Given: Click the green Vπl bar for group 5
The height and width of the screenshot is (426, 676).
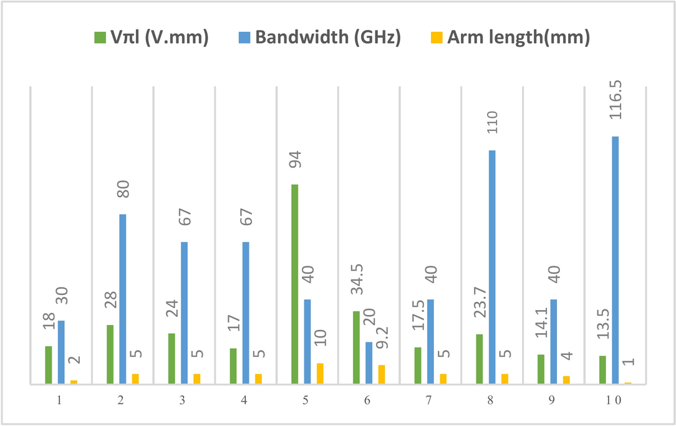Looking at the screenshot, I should pyautogui.click(x=294, y=284).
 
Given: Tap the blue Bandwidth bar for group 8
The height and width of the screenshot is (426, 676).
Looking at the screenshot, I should pyautogui.click(x=492, y=267).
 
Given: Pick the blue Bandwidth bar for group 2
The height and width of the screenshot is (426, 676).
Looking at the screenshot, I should pyautogui.click(x=123, y=299).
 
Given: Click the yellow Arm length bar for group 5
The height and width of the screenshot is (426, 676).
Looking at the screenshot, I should pyautogui.click(x=320, y=373).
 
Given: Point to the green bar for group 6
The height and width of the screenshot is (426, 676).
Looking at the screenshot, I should pyautogui.click(x=356, y=347).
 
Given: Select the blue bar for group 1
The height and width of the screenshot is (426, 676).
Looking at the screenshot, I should pyautogui.click(x=61, y=352).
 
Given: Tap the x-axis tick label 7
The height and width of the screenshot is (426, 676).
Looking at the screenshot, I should pyautogui.click(x=429, y=401).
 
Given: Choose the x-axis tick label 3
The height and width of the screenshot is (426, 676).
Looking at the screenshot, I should pyautogui.click(x=182, y=401).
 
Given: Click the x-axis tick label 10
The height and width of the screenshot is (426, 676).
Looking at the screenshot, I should pyautogui.click(x=614, y=401).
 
